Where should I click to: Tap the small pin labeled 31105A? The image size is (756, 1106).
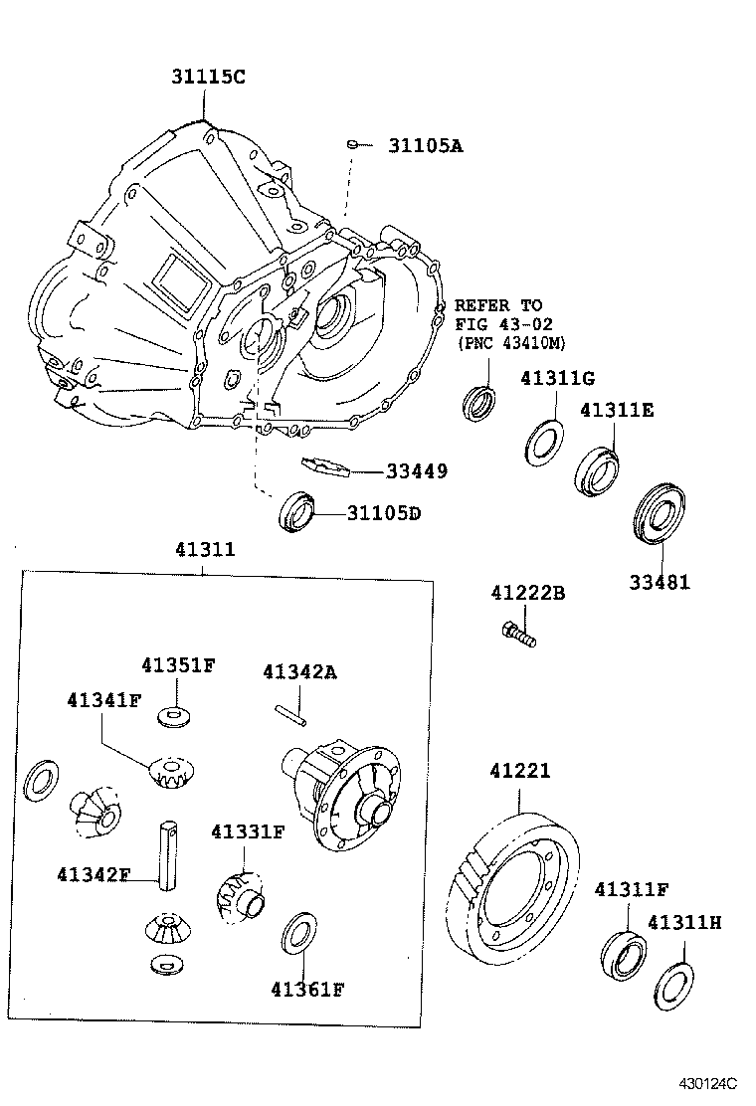click(x=352, y=145)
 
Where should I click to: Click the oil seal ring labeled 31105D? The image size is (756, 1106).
click(x=297, y=511)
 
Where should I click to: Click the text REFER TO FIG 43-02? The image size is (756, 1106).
click(x=498, y=314)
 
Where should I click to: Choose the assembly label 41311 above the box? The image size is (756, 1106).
click(x=205, y=548)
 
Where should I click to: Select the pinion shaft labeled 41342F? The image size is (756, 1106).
click(x=166, y=851)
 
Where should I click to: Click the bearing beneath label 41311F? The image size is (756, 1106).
click(x=623, y=953)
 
